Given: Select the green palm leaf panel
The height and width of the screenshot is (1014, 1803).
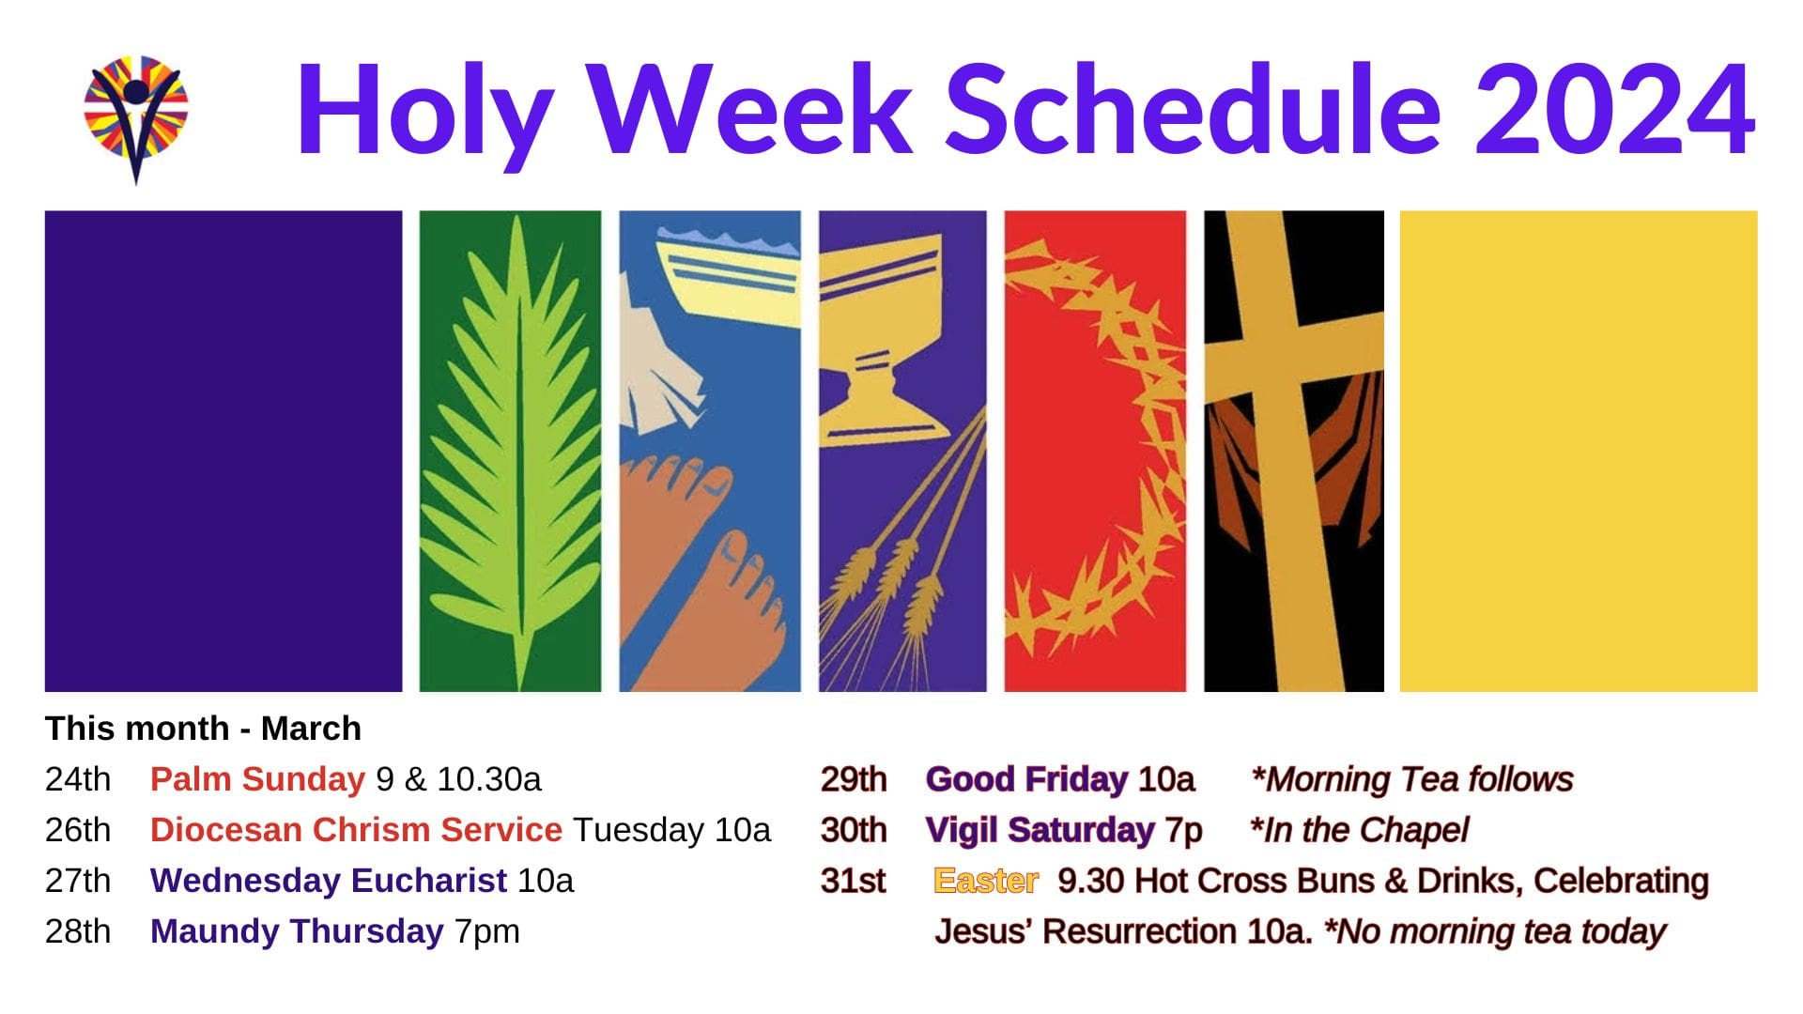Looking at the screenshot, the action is coord(510,451).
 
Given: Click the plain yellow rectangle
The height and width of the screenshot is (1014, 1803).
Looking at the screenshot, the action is coord(1579,451).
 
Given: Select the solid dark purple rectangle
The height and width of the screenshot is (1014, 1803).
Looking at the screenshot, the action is coord(223,451).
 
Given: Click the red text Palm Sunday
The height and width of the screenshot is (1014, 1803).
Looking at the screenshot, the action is coord(257,779).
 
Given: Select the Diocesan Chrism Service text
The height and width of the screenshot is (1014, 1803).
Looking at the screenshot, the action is coord(356,830).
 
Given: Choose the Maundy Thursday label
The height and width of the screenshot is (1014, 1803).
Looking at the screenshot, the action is coord(297,931).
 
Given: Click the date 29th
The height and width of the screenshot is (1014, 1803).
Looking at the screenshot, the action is coord(854,779).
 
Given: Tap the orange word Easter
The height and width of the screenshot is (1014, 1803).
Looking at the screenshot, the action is coord(986,881).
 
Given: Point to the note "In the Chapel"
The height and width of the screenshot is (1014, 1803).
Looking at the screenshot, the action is coord(1359,830).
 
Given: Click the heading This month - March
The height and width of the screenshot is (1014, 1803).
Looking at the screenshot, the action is coord(203,729).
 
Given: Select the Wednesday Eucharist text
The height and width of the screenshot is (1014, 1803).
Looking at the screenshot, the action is coord(329,881).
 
